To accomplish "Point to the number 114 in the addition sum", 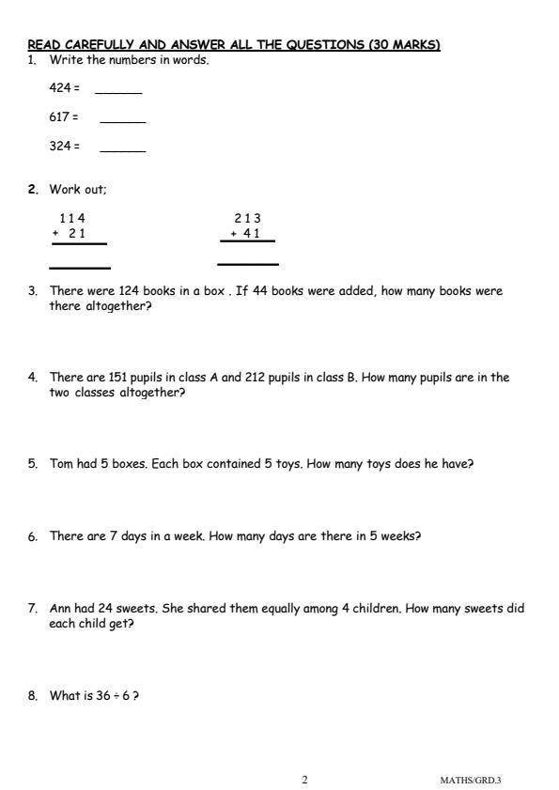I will (x=72, y=219).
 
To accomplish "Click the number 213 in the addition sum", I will (x=248, y=219).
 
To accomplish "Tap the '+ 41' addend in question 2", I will (x=245, y=234).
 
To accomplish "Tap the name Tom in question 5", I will (x=61, y=464).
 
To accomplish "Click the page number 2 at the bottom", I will (x=304, y=780).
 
